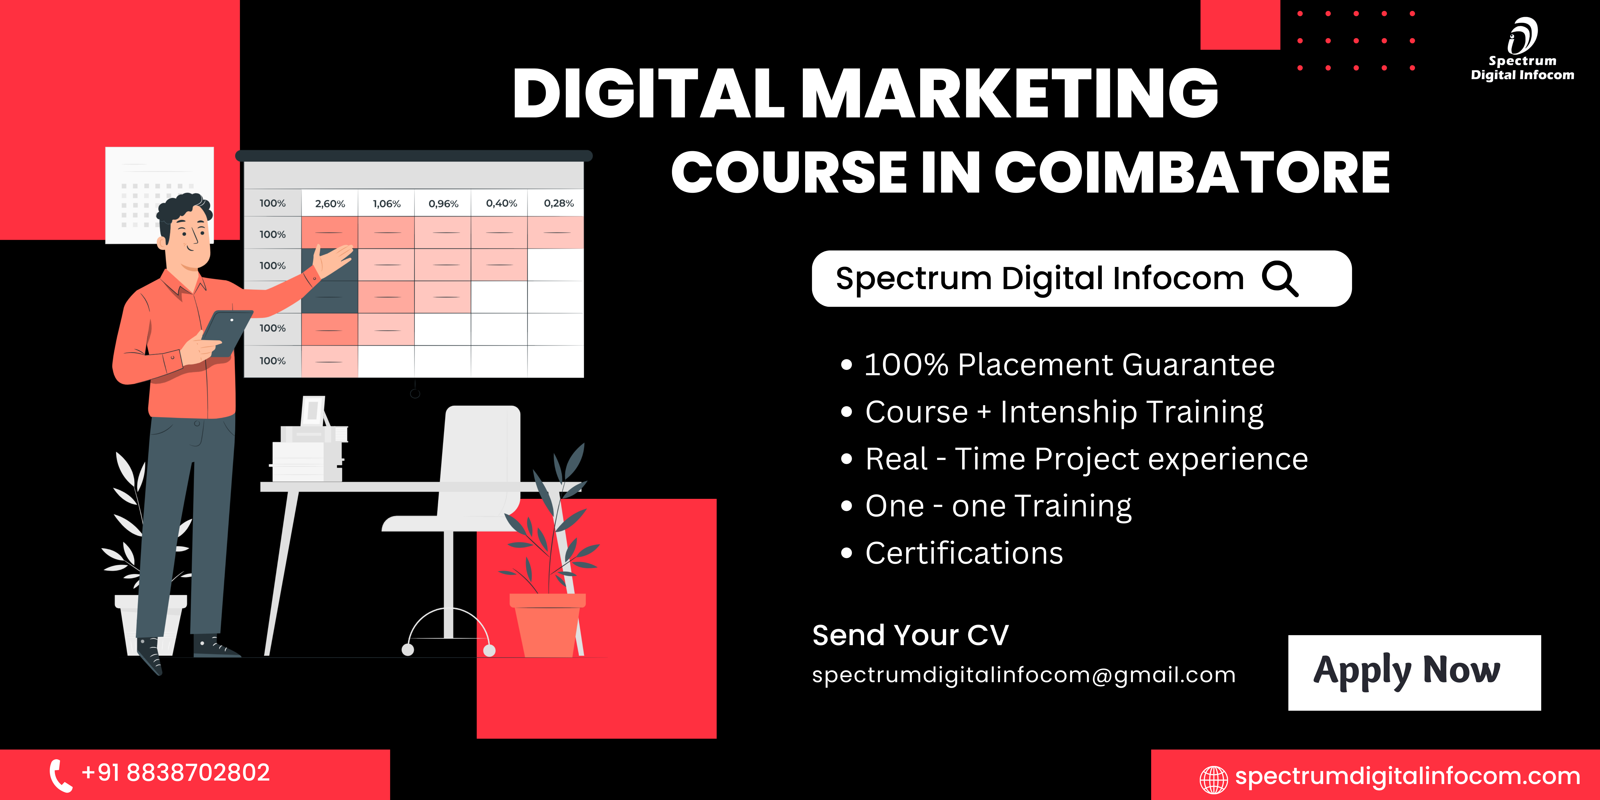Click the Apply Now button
tap(1414, 673)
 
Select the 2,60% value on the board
tap(330, 204)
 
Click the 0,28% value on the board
tap(558, 203)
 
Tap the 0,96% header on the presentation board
tap(444, 204)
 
